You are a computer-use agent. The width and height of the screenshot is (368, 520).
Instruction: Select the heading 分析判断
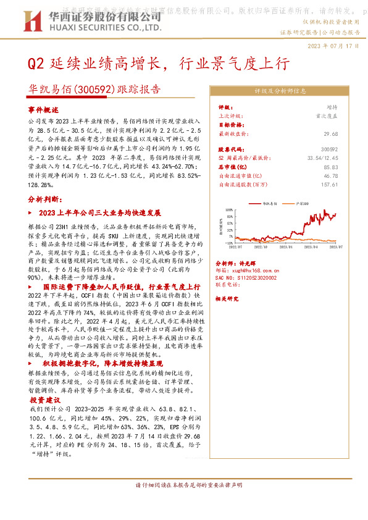pos(44,199)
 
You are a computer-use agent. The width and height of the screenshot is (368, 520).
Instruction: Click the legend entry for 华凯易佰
pos(272,203)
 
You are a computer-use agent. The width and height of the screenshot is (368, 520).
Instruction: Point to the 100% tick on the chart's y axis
pos(228,209)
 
